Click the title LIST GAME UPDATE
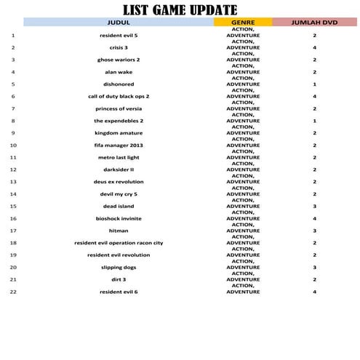[180, 9]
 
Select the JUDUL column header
[119, 23]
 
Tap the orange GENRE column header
[242, 23]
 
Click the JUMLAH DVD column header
[315, 23]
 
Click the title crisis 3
[119, 47]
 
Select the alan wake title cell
[119, 72]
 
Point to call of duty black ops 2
[119, 96]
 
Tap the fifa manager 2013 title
[119, 145]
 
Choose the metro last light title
[119, 157]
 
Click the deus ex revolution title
[119, 182]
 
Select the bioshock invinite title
[119, 218]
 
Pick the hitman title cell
[119, 231]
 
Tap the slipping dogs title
[119, 267]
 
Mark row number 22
[13, 292]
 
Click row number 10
[13, 145]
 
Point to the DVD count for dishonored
[315, 84]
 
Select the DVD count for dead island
[315, 206]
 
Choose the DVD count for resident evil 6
[315, 292]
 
